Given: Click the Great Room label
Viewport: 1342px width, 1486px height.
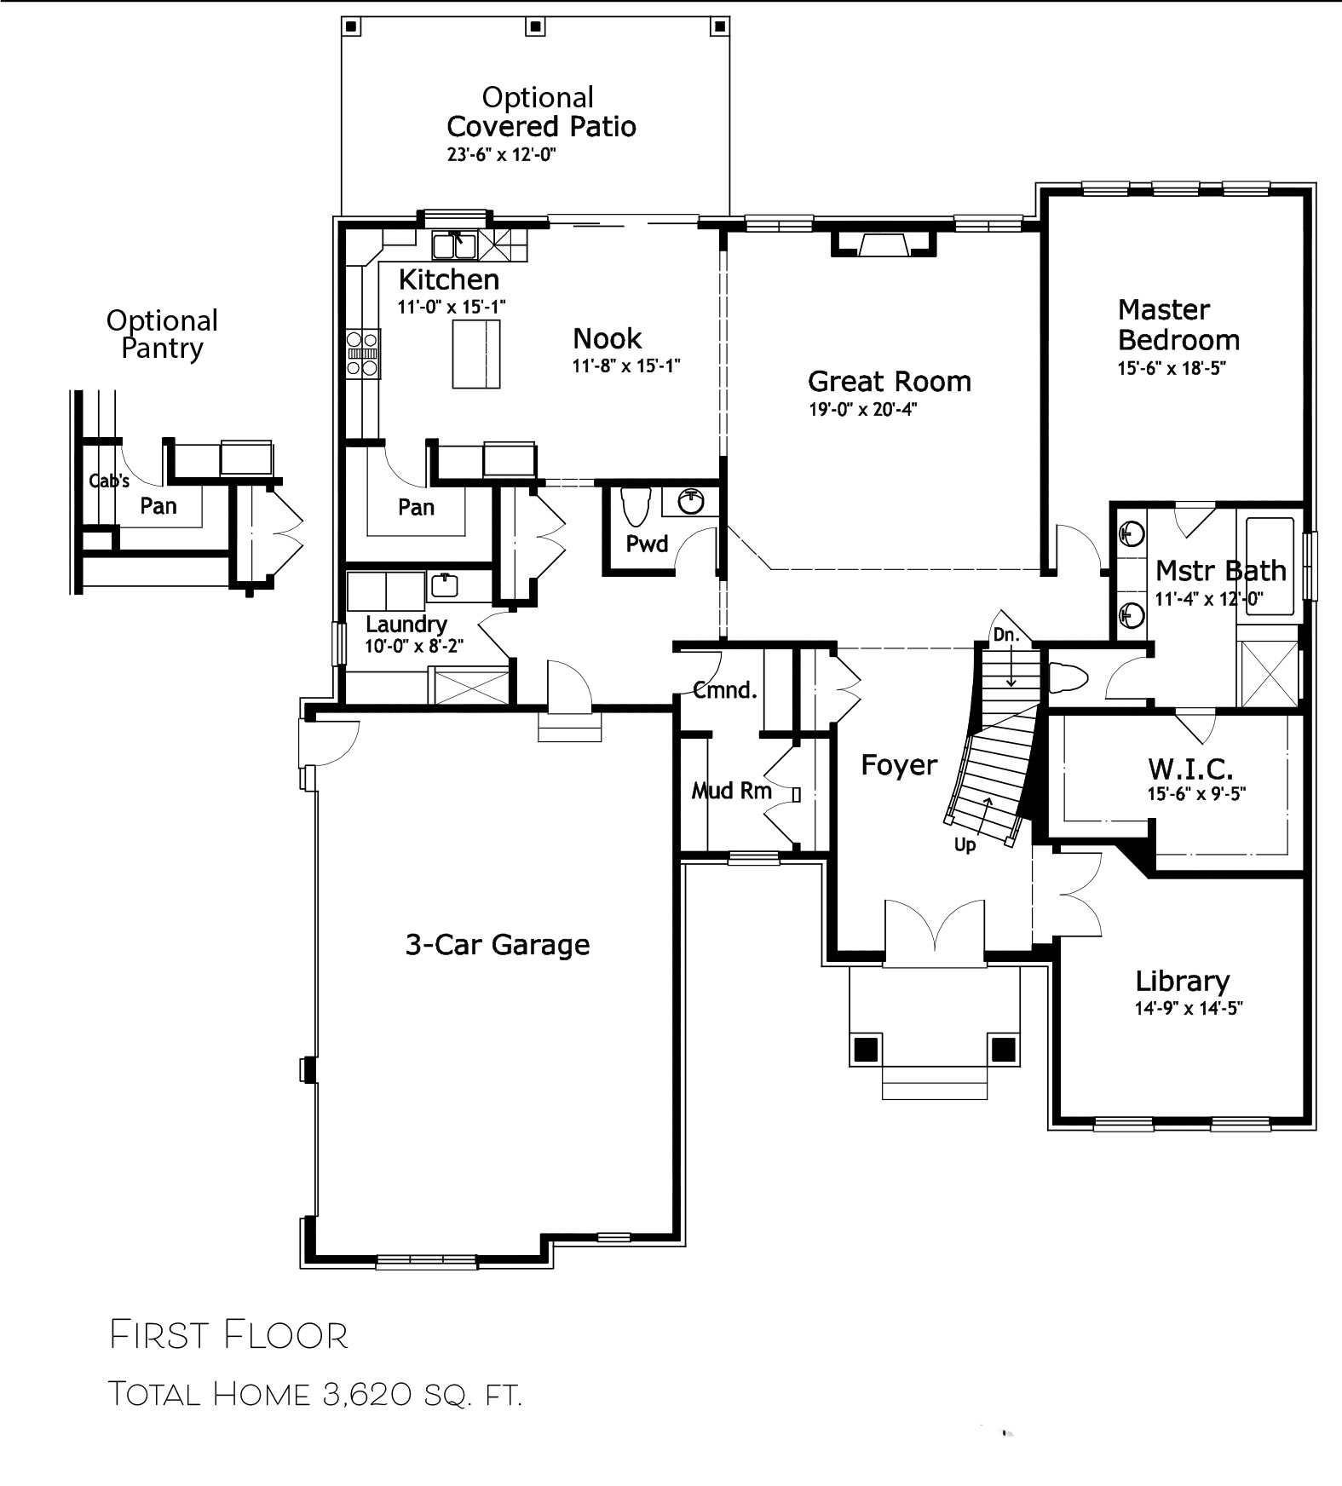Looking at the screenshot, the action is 889,381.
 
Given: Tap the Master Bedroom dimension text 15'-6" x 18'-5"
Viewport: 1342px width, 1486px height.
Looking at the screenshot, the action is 1172,369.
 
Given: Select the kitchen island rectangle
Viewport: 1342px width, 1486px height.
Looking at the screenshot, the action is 475,354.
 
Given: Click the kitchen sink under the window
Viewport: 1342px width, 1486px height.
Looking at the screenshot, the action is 454,245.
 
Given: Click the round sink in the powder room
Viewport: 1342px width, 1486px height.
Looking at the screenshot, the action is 691,502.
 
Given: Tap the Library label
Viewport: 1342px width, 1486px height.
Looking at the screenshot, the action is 1182,982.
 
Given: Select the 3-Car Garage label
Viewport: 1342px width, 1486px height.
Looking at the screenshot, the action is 498,944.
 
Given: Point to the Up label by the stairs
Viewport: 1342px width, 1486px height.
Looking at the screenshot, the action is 965,845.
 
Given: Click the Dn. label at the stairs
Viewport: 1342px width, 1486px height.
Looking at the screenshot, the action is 1005,634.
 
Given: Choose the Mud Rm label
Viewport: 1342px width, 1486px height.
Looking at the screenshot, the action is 732,791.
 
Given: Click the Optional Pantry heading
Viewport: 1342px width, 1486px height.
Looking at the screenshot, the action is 162,334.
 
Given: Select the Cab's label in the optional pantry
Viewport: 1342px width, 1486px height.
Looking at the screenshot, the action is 109,481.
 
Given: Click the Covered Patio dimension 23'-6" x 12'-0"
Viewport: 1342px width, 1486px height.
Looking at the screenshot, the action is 502,155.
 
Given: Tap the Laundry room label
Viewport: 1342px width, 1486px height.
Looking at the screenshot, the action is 406,625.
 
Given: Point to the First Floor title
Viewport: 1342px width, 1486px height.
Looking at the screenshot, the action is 229,1335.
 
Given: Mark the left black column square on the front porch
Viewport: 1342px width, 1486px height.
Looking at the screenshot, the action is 866,1048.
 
